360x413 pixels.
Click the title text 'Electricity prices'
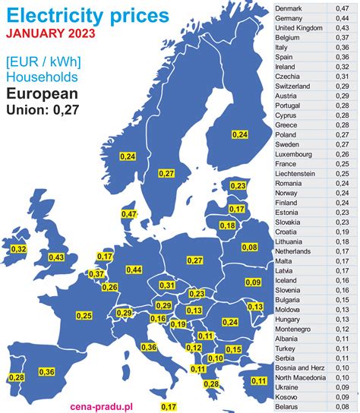click(89, 14)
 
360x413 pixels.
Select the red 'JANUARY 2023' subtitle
click(50, 33)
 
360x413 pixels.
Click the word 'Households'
click(42, 77)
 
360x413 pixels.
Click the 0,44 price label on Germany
click(134, 270)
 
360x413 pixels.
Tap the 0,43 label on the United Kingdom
click(56, 257)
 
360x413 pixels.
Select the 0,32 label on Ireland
click(19, 249)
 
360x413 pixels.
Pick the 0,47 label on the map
click(128, 216)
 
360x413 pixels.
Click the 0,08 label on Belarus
click(249, 247)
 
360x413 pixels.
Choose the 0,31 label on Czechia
click(167, 285)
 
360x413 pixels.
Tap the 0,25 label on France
click(84, 316)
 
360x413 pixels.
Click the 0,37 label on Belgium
click(96, 274)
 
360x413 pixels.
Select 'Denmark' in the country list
click(289, 8)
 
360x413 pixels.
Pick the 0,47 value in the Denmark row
click(343, 8)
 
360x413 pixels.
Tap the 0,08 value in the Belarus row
click(343, 407)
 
